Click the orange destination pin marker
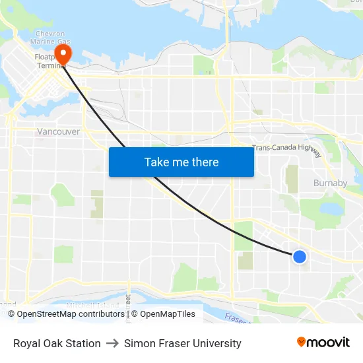(63, 51)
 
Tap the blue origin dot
(300, 257)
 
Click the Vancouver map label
(58, 131)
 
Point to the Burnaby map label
(330, 183)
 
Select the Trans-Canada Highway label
(286, 149)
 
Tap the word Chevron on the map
(50, 34)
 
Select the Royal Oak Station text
(57, 343)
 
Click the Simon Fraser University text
(183, 343)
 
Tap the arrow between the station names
(112, 343)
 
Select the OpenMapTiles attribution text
(167, 314)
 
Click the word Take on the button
(157, 162)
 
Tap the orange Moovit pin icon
(301, 342)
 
